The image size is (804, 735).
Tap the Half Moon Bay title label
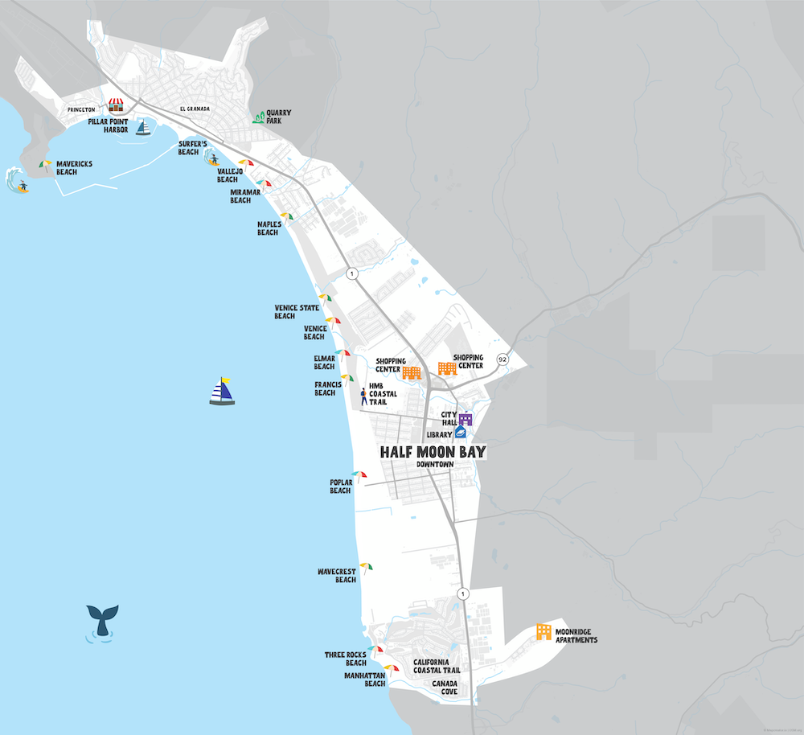point(433,452)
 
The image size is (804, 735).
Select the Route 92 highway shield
point(503,359)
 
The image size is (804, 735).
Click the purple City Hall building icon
point(466,418)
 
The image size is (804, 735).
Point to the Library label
point(440,434)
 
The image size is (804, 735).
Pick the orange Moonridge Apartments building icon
point(544,632)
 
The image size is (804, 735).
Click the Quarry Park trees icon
point(258,117)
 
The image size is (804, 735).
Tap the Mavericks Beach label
point(74,167)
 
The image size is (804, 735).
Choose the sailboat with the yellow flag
point(222,391)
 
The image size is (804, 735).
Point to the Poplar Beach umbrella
point(359,476)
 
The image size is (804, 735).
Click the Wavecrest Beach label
point(336,575)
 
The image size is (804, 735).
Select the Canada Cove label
point(445,687)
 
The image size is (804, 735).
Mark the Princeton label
point(81,109)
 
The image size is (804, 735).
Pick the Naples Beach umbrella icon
point(286,216)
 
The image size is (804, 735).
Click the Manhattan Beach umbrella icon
point(392,668)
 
